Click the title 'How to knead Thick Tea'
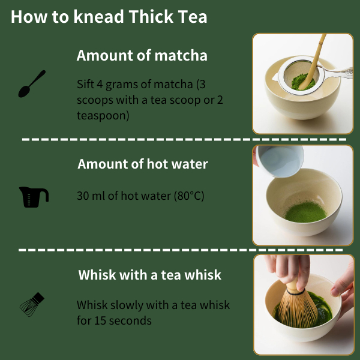coord(109,17)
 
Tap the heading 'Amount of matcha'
coord(142,56)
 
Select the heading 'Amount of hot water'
coord(143,164)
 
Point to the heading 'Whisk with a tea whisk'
coord(149,275)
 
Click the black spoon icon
coord(31,84)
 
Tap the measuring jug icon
coord(34,197)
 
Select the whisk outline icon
coord(32,304)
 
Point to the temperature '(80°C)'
coord(189,196)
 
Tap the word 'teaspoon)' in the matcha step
coord(103,115)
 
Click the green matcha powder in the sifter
coord(302,82)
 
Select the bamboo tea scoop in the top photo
coord(313,62)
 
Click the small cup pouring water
coord(280,161)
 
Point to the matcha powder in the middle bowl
coord(305,212)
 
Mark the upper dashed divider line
coord(184,139)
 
